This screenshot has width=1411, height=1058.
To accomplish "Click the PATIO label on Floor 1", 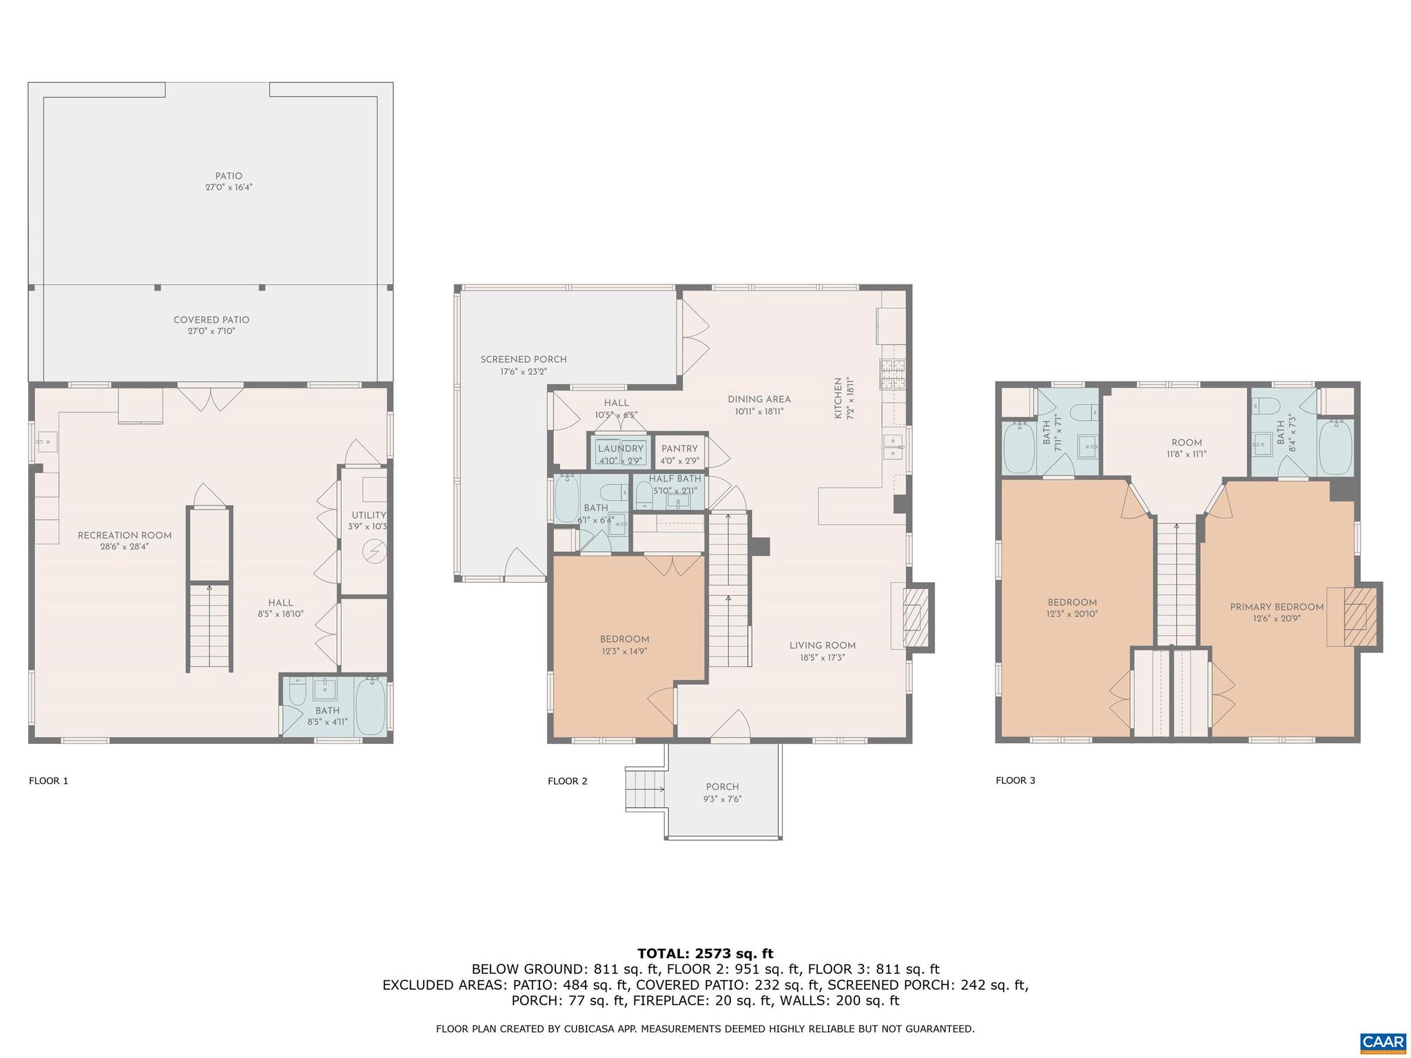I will pos(229,176).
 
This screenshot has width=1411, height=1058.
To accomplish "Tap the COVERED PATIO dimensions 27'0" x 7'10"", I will pos(212,331).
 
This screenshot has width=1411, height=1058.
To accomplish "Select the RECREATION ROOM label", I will pos(125,535).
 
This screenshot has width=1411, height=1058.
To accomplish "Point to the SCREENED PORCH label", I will pos(524,360).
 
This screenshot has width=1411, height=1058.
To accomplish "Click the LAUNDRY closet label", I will pos(621,448).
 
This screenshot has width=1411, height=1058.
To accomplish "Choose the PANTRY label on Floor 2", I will pos(679,448).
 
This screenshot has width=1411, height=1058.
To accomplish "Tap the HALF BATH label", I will pos(675,479).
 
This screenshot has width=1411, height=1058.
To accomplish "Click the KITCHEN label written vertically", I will pos(838,398).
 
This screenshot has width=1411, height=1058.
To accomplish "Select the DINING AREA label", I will pos(759,399).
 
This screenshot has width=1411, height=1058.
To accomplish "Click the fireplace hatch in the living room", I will pos(914,617).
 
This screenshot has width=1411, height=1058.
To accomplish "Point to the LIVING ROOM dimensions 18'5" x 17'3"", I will pos(823,658).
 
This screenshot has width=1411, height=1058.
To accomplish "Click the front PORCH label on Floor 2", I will pos(722,787).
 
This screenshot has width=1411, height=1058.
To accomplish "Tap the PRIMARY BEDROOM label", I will pos(1277,607).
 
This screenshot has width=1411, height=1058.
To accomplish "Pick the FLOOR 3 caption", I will pos(1015,780).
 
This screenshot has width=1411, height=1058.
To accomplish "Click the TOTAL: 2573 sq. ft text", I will pos(705,954).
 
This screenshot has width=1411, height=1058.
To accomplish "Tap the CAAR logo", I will pos(1383,1041).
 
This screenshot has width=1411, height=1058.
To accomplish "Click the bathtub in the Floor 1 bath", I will pos(371,706).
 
